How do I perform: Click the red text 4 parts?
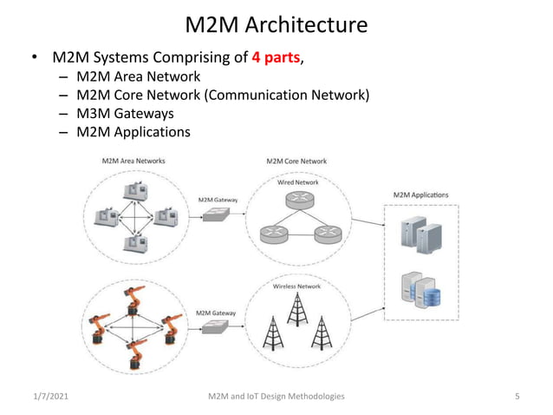[275, 58]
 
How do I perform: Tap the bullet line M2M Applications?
[133, 132]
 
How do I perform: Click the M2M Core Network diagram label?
[296, 161]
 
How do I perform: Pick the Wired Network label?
[297, 182]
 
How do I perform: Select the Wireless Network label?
[297, 286]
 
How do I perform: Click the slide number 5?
[517, 396]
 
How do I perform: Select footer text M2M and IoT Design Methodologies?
[276, 396]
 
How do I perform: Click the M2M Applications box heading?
[420, 194]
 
